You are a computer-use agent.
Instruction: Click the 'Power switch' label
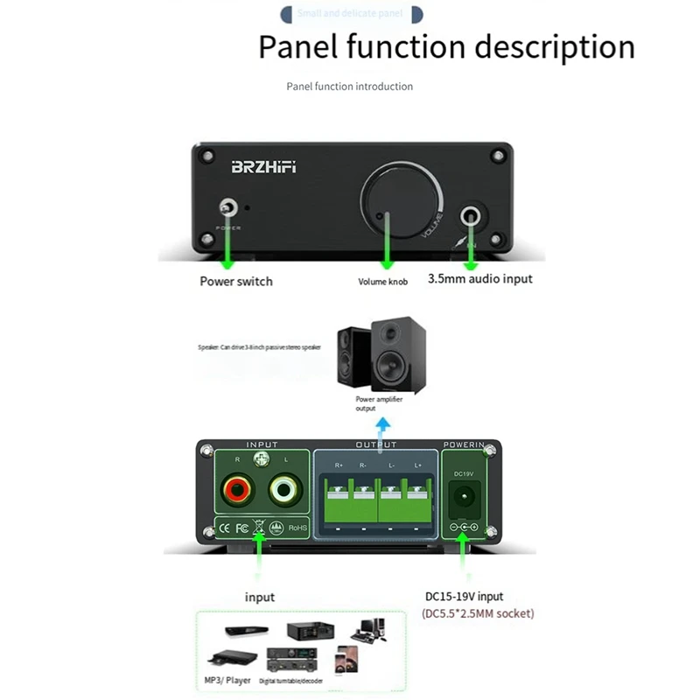click(236, 281)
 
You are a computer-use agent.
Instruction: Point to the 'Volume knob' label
click(384, 282)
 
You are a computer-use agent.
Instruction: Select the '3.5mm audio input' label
click(479, 279)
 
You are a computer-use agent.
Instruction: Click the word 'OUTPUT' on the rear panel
click(376, 444)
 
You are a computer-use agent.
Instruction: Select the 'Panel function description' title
click(446, 46)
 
